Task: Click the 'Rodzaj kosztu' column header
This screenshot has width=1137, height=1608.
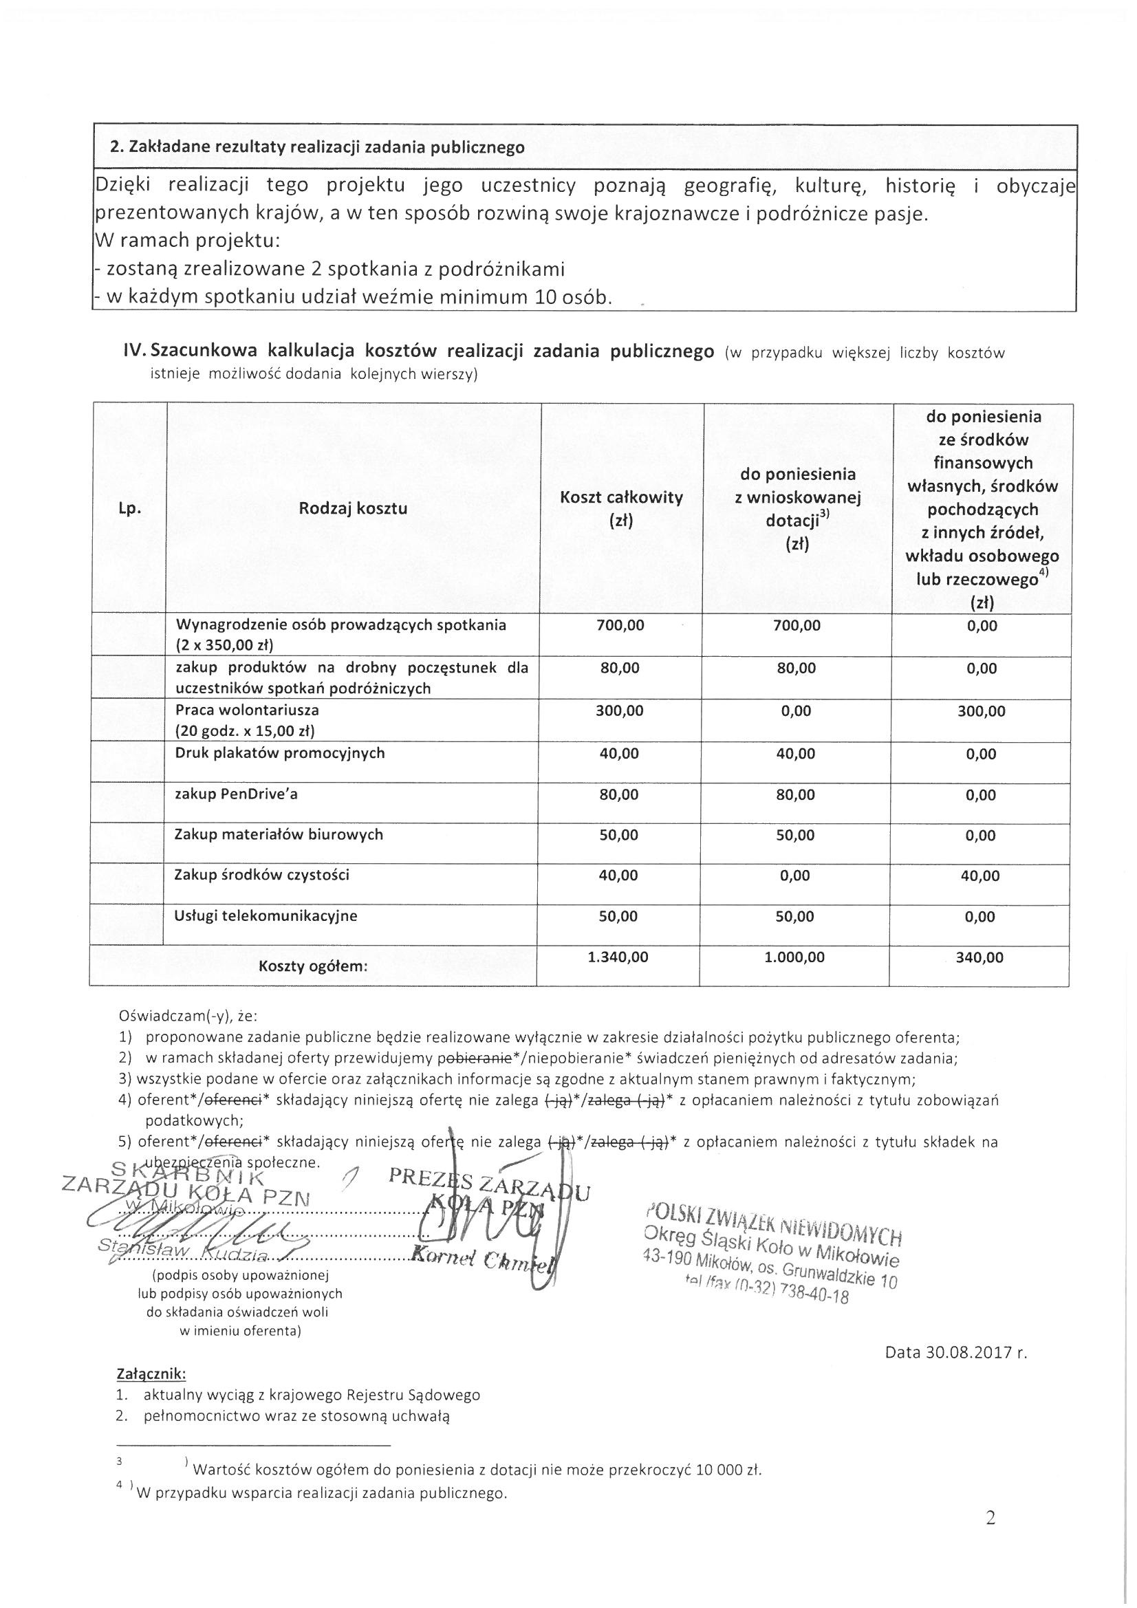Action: click(353, 508)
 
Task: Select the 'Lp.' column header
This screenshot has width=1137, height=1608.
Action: click(130, 509)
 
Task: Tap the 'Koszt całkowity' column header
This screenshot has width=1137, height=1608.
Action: click(621, 498)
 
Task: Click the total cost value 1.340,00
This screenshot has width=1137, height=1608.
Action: click(618, 957)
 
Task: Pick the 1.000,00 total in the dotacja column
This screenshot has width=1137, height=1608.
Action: click(794, 957)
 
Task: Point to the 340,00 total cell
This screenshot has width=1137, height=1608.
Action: click(979, 957)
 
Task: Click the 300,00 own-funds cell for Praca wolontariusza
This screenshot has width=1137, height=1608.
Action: click(981, 712)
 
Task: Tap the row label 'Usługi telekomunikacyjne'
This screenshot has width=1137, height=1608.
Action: click(266, 915)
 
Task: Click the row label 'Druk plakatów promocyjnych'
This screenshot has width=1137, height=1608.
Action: click(281, 753)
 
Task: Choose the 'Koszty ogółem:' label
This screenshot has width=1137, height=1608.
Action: click(313, 967)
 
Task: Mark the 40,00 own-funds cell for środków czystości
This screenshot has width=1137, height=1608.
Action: click(981, 876)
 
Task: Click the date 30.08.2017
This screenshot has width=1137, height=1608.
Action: click(965, 1352)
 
